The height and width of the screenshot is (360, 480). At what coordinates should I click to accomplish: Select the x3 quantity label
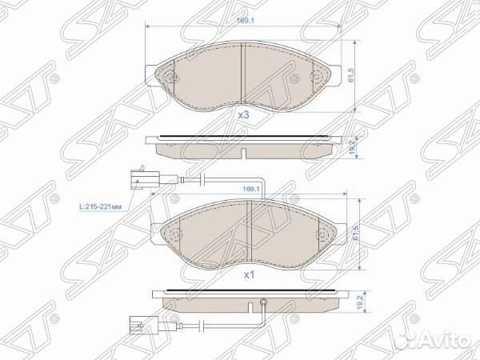[243, 115]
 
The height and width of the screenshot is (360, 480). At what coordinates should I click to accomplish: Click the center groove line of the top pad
[242, 75]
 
